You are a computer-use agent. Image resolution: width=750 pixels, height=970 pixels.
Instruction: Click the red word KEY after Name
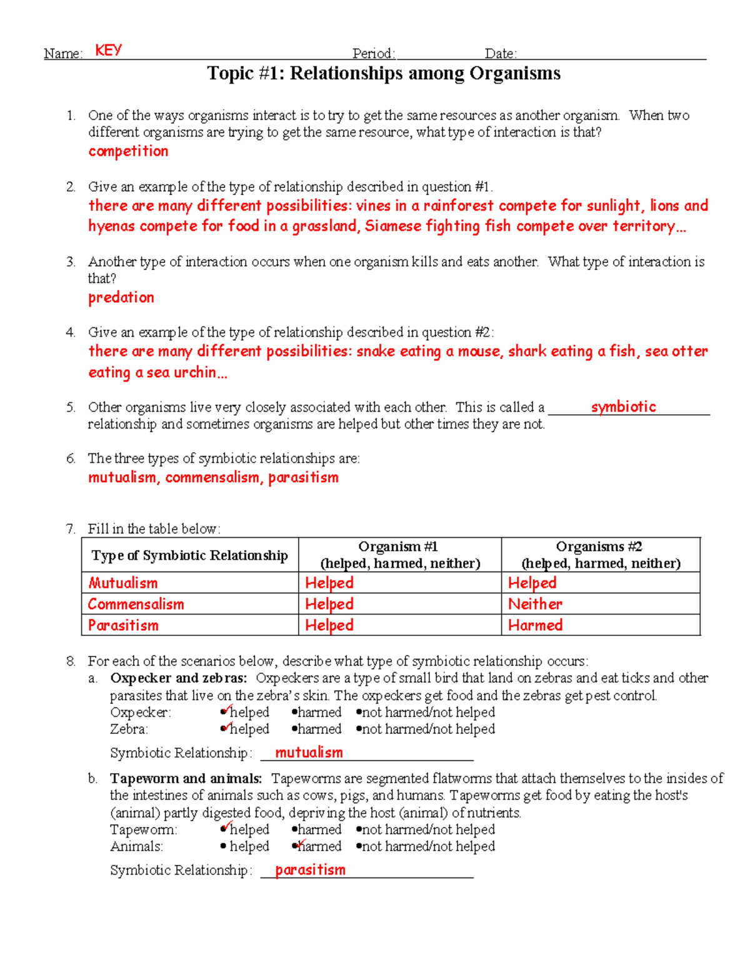[108, 51]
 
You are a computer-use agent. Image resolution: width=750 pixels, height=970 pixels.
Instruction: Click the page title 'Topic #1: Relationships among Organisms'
[384, 74]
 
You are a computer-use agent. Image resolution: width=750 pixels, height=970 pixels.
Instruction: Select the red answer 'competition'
[128, 151]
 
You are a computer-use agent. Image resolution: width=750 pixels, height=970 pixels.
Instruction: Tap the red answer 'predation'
[121, 297]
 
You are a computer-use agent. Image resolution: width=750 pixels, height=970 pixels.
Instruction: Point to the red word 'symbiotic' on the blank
[623, 407]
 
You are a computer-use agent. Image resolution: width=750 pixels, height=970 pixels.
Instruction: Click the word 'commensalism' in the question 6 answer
[212, 478]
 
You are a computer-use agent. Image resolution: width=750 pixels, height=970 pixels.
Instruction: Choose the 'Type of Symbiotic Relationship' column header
[189, 555]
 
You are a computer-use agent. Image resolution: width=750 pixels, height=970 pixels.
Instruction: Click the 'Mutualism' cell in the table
[123, 583]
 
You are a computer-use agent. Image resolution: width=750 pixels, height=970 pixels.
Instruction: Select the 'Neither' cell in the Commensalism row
[535, 604]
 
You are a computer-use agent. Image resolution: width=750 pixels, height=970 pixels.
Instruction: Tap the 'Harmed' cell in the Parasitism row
[535, 625]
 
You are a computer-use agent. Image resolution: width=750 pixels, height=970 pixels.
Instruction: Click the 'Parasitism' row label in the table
[123, 625]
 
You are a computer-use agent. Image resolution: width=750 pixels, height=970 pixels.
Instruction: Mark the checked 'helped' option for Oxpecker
[245, 712]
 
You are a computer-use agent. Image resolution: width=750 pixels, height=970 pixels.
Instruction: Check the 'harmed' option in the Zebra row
[316, 729]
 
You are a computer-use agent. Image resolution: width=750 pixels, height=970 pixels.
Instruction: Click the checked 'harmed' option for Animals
[316, 846]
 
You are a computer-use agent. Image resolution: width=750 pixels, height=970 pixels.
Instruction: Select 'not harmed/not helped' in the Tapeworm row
[426, 829]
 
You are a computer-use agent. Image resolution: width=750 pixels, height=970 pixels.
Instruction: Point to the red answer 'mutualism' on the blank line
[309, 753]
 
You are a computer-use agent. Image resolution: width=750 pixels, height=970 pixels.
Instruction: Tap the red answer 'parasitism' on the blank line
[310, 870]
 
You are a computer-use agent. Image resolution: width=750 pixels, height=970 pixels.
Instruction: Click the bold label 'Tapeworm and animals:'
[186, 778]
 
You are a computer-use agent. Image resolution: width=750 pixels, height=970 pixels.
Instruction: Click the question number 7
[71, 529]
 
